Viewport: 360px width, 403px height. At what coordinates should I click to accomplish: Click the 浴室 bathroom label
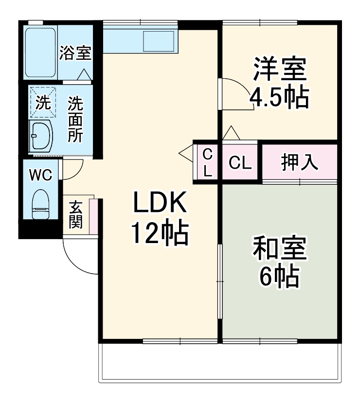pos(75,53)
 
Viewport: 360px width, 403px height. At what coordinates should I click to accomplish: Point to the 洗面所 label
pos(75,119)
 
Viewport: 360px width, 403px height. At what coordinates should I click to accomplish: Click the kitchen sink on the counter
pos(159,40)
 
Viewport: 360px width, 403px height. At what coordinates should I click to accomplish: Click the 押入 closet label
pos(300,163)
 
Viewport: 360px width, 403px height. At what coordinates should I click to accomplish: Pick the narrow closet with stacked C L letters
pos(207,163)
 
